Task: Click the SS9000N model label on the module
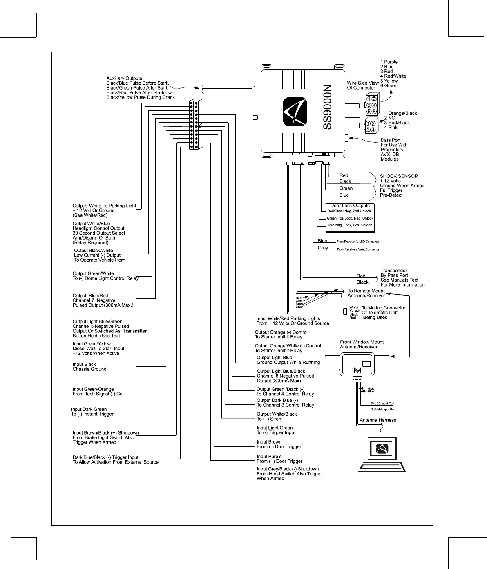coord(328,108)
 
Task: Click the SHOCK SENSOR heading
coord(399,176)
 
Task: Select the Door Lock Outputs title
coord(350,206)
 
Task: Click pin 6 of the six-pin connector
coord(374,112)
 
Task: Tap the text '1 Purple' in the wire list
coord(389,62)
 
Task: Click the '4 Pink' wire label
coord(391,128)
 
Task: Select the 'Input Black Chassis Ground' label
coord(89,367)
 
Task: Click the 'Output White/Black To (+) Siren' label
coord(277,417)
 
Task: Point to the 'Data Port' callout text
coord(391,140)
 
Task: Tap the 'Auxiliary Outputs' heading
coord(124,78)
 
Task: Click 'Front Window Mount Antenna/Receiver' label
coord(362,344)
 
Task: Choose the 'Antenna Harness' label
coord(378,420)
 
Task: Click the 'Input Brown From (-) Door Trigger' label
coord(279,444)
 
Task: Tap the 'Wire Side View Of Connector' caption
coord(362,85)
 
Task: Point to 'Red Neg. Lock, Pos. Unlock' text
coord(350,225)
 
